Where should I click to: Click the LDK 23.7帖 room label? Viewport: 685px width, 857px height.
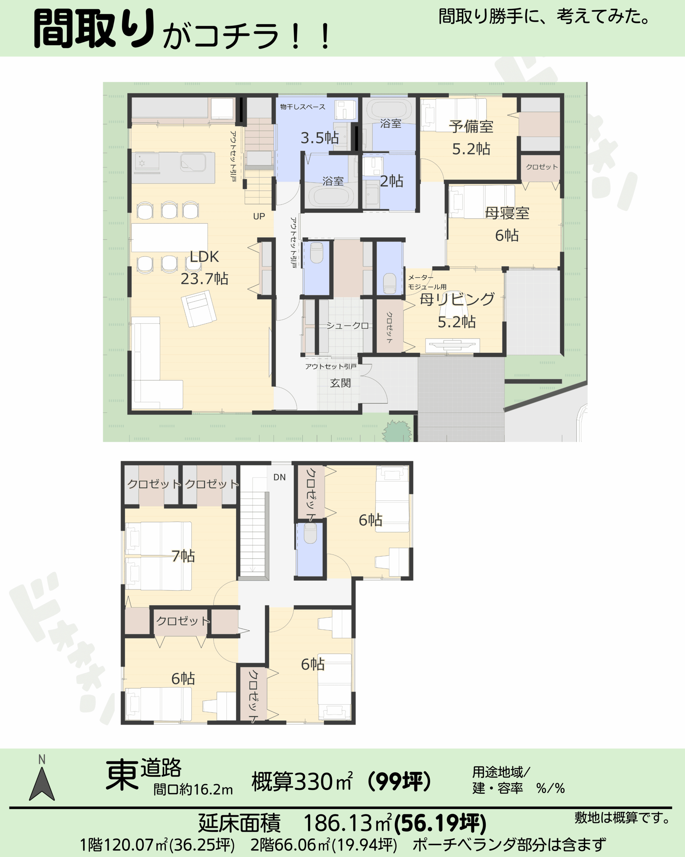tap(204, 267)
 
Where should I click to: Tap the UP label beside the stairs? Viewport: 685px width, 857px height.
tap(259, 216)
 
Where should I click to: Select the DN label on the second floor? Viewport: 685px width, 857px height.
tap(280, 477)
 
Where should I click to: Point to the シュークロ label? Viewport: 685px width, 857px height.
tap(348, 325)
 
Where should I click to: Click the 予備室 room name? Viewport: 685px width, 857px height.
tap(471, 127)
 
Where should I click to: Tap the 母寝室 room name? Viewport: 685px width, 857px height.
tap(507, 213)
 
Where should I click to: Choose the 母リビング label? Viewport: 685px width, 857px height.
tap(457, 299)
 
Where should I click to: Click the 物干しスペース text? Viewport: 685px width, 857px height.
tap(303, 106)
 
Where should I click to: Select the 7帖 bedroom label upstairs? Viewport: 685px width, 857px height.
tap(183, 556)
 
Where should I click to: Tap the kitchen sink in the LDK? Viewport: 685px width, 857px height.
tap(193, 162)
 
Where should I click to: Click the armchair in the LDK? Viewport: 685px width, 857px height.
tap(199, 308)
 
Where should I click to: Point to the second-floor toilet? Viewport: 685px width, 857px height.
tap(310, 533)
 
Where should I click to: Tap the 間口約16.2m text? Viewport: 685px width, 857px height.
tap(193, 789)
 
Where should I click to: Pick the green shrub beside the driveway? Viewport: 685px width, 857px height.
tap(397, 431)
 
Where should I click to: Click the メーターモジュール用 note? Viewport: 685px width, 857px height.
tap(427, 282)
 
